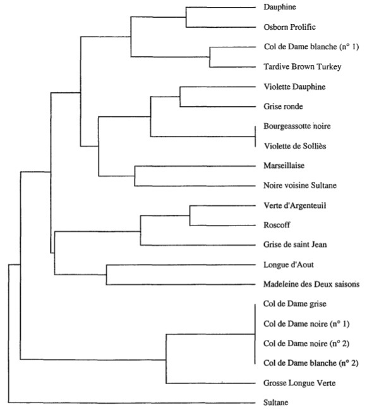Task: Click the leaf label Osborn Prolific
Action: (x=289, y=27)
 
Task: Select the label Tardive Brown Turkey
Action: (x=303, y=67)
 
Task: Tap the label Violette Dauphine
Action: (x=294, y=87)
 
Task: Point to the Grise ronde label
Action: (x=283, y=106)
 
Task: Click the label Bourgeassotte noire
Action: (x=297, y=126)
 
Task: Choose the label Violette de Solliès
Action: (x=295, y=146)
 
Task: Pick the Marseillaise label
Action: (x=284, y=166)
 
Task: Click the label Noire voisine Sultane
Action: (x=300, y=185)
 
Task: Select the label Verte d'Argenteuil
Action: (x=295, y=205)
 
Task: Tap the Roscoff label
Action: (x=277, y=225)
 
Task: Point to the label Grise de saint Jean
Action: (x=295, y=244)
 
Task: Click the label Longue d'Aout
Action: (x=289, y=265)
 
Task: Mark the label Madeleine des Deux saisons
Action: (x=311, y=284)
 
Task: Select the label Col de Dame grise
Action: (x=295, y=304)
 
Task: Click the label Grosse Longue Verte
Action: (x=299, y=383)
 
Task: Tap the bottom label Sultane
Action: (x=276, y=402)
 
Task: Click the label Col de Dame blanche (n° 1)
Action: (x=311, y=47)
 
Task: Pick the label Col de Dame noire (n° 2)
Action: (x=306, y=344)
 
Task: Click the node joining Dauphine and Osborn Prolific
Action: (x=186, y=17)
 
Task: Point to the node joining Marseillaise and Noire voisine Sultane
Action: (x=135, y=176)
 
